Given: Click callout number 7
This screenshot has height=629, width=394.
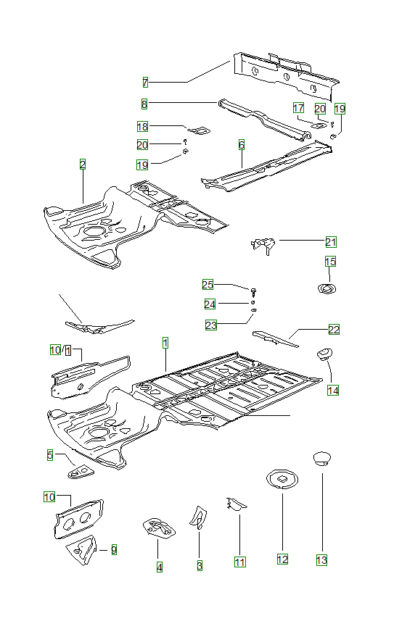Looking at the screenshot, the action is (145, 83).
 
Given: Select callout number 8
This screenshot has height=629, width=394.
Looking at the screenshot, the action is (144, 104).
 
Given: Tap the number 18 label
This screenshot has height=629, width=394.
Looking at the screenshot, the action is (142, 127).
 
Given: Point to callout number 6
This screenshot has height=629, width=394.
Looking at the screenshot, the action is (242, 145).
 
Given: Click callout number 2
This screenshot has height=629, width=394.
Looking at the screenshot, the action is (83, 164).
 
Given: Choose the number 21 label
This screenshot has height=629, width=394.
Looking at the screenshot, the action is (331, 242).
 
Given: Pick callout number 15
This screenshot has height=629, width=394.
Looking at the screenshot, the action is (330, 262).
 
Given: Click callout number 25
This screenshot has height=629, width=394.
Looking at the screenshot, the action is (208, 285).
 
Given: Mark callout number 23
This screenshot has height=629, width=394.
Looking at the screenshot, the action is (211, 325).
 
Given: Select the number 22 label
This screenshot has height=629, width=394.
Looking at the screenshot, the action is (334, 329).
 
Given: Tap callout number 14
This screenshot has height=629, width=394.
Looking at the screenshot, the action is (333, 391).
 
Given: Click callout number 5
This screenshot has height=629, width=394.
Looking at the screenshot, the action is (50, 455).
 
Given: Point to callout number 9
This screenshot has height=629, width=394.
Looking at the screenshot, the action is (114, 549).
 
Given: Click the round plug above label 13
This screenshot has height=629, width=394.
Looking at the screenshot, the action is (321, 459).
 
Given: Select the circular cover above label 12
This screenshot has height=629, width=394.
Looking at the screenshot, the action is (282, 480).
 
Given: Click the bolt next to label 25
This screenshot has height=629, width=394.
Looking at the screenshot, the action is (253, 291).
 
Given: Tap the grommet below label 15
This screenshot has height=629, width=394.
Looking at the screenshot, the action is (327, 288).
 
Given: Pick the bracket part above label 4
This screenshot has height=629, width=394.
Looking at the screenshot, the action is (159, 528).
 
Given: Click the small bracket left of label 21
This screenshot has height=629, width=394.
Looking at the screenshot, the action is (263, 245).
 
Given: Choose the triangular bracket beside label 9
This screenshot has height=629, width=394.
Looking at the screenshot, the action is (82, 549).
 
